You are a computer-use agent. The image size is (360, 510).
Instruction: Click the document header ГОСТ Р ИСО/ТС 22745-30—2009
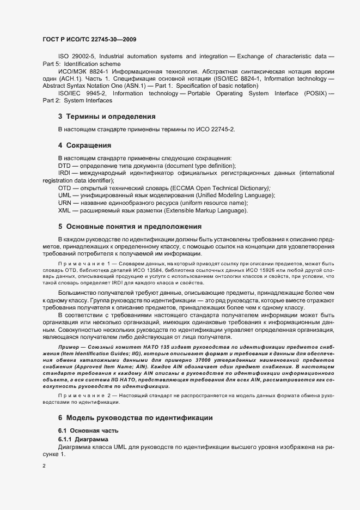89,39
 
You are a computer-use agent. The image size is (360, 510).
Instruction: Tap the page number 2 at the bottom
44,466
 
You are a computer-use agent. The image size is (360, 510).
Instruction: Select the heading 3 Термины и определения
107,117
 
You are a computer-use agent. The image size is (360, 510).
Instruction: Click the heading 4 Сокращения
84,145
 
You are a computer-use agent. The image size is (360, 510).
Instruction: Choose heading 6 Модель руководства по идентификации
135,417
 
